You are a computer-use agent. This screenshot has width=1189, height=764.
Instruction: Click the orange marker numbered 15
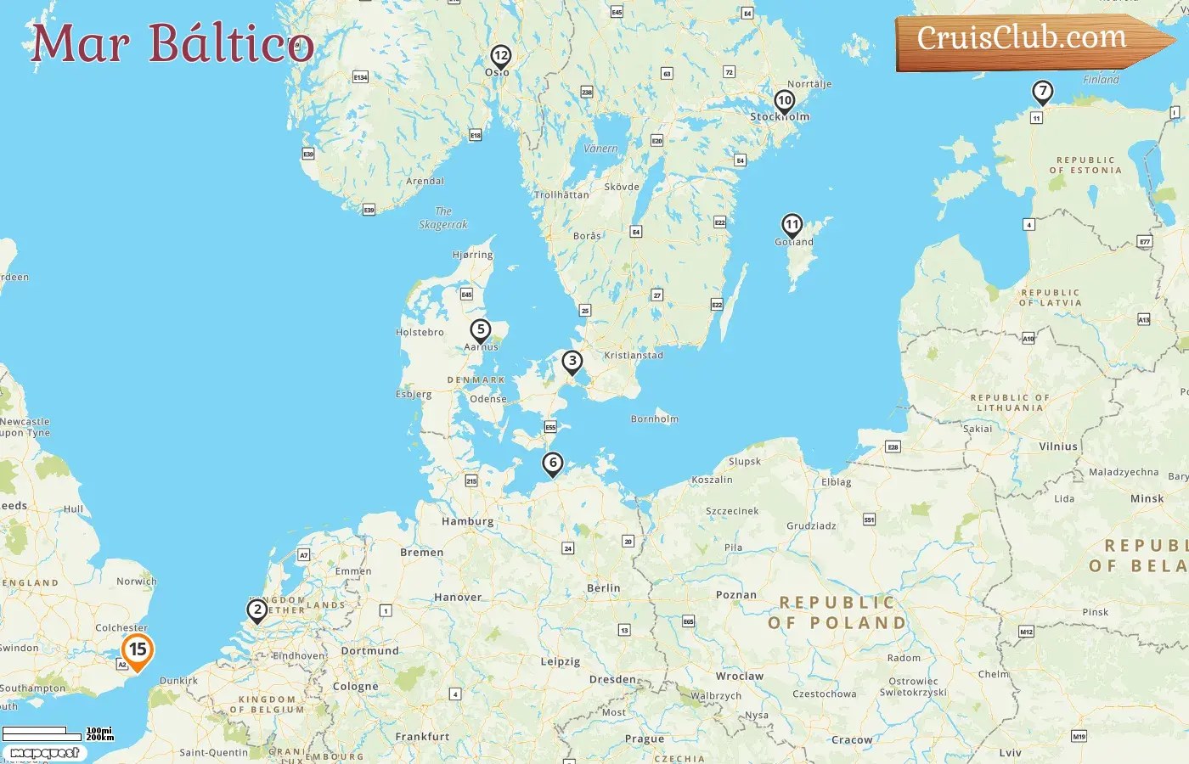[x=138, y=651]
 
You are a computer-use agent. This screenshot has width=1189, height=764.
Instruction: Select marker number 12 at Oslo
[x=500, y=57]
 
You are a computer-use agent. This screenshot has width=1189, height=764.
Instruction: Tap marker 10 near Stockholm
[x=785, y=101]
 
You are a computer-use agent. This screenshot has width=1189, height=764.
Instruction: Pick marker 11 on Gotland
[x=792, y=226]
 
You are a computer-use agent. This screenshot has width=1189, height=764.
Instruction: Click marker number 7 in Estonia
[x=1042, y=92]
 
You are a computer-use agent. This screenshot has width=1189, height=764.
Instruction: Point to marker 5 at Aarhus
[x=481, y=330]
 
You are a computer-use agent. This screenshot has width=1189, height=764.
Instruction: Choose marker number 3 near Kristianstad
[x=572, y=362]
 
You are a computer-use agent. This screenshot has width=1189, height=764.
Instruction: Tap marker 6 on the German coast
[x=553, y=463]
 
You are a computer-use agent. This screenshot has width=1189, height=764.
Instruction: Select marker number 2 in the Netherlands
[x=257, y=610]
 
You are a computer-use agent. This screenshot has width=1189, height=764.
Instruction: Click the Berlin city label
[x=604, y=588]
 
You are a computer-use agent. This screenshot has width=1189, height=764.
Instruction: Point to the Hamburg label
[x=467, y=521]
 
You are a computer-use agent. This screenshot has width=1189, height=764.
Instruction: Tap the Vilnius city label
[x=1058, y=447]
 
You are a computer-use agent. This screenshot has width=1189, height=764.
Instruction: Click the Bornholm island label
[x=655, y=419]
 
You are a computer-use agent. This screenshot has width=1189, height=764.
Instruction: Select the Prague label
[x=645, y=739]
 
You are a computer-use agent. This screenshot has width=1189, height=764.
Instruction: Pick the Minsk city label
[x=1147, y=499]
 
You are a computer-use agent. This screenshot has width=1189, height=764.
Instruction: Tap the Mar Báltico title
[x=172, y=43]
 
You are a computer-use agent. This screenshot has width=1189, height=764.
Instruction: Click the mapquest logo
[x=44, y=753]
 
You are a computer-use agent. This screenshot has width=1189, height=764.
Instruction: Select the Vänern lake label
[x=601, y=149]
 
